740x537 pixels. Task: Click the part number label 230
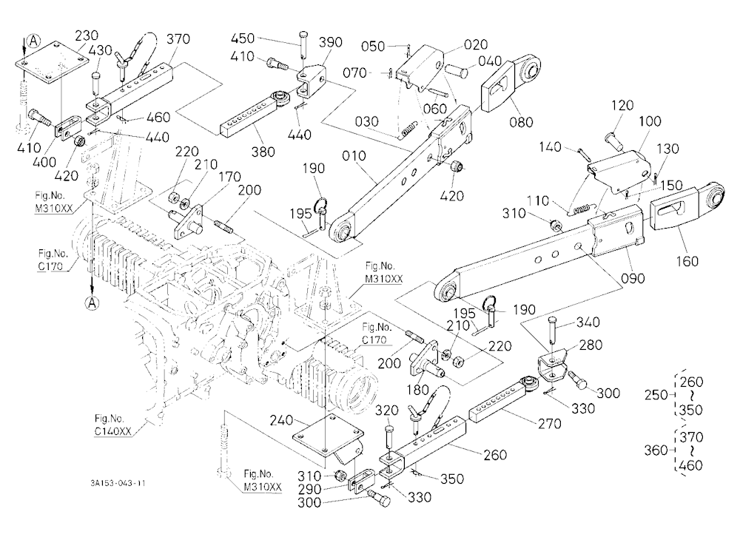87,36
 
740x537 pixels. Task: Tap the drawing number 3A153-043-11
118,483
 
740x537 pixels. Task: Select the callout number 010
354,156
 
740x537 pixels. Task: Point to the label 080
521,122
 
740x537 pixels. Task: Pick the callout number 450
243,38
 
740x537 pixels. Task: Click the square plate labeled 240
329,434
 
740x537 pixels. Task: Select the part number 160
687,260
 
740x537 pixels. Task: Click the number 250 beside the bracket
656,395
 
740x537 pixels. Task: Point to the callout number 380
263,152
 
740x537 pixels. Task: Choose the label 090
633,278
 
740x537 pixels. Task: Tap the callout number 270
549,423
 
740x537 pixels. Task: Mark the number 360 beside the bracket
656,450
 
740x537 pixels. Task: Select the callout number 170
229,178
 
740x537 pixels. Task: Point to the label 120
622,105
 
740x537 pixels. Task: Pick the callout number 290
309,489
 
